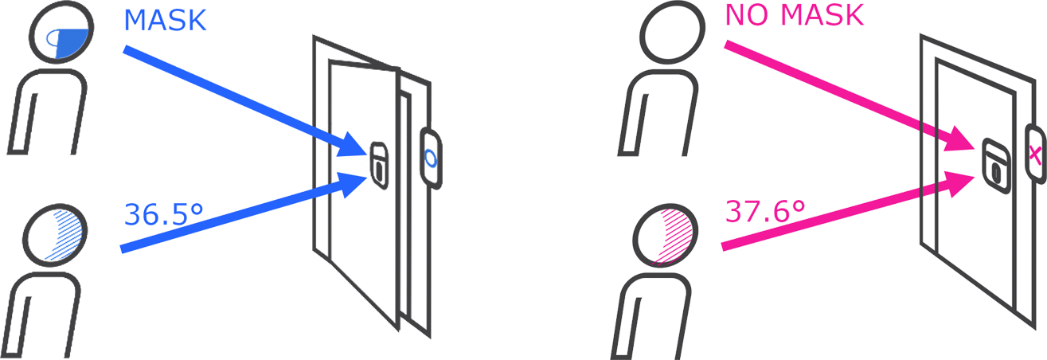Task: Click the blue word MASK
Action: coord(165,20)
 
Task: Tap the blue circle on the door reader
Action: coord(431,157)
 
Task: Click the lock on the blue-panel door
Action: coord(380,161)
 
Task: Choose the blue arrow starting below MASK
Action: coord(239,100)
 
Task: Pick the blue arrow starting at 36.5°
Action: coord(239,216)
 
